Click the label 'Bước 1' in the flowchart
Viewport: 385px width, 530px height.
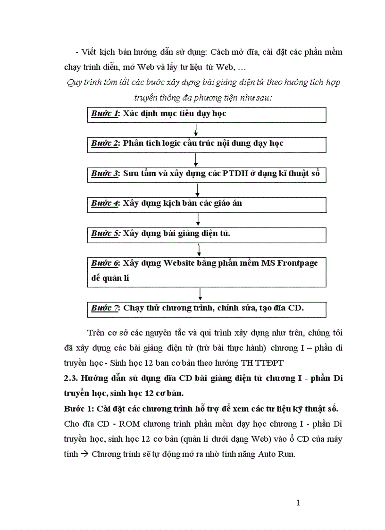point(104,114)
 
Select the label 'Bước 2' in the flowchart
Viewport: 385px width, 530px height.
point(104,143)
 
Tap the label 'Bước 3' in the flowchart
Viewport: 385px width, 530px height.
point(104,174)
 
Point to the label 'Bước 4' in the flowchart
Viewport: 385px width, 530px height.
point(104,203)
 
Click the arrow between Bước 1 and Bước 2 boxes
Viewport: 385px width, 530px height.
point(196,130)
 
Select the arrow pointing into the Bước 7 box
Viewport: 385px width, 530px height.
point(201,294)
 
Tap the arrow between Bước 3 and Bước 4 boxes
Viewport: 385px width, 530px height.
point(198,190)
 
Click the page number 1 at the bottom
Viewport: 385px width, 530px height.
point(298,503)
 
